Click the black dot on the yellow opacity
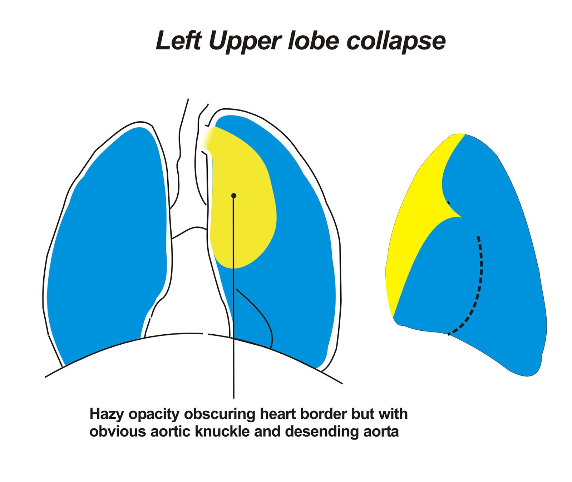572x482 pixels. point(234,196)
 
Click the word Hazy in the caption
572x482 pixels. point(107,414)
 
